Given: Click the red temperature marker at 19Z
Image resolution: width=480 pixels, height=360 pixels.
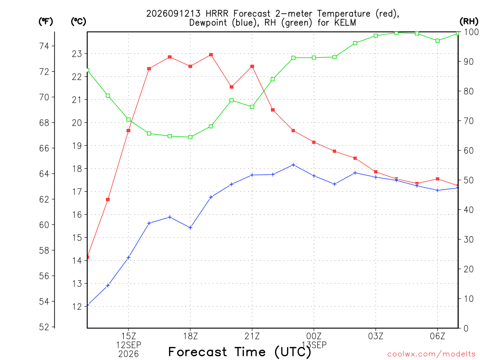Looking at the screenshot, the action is point(211,55).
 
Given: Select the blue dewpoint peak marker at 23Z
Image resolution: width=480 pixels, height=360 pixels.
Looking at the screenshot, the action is point(293,165).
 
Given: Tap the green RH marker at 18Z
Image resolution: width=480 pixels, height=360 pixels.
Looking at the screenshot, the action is point(190,137).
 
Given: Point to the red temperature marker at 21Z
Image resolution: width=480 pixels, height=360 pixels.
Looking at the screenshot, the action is point(252,67).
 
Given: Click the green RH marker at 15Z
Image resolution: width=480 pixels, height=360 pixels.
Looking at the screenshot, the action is point(128,120).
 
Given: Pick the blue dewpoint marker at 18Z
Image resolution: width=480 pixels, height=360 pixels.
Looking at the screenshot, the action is point(190,227).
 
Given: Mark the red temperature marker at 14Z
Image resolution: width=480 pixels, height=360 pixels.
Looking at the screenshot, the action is point(108,200).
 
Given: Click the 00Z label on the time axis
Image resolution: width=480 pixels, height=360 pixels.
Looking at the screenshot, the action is point(314,336).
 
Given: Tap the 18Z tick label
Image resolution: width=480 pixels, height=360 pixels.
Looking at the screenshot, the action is point(190,336).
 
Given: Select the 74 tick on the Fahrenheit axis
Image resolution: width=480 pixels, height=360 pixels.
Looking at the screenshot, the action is point(45,46).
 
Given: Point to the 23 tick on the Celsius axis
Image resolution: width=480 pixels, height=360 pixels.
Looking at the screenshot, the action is point(77,54).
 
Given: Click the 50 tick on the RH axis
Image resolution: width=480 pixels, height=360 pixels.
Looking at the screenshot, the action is point(469,180).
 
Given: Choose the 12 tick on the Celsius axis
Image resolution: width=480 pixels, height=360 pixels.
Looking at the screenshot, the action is point(77,307).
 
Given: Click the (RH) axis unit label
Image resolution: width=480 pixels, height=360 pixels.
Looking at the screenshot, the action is point(469,22).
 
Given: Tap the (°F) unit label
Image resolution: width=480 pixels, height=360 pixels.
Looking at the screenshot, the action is point(45,22).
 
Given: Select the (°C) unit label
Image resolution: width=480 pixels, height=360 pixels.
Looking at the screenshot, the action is point(78,22).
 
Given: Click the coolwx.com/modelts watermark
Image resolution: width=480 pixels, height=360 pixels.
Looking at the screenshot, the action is point(431,354).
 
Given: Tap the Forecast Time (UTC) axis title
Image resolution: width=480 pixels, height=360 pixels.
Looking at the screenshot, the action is point(240,352).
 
